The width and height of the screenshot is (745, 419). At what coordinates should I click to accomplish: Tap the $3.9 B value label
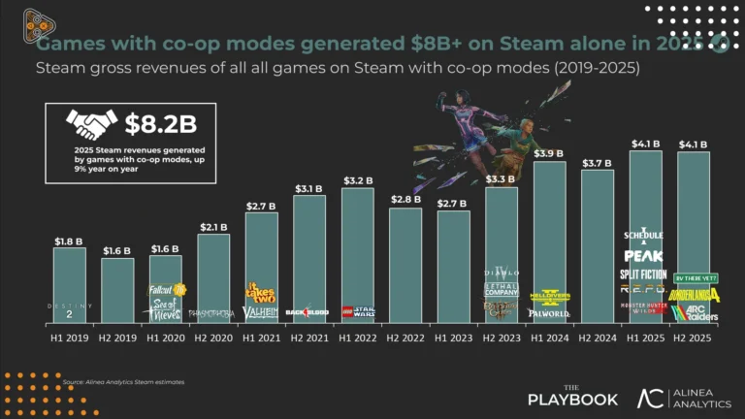coord(549,153)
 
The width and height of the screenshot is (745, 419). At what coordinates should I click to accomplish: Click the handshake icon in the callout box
coord(91,123)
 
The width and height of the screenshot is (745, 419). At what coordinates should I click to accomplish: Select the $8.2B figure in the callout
coord(163,123)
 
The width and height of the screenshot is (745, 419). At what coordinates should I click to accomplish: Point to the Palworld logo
coord(548,313)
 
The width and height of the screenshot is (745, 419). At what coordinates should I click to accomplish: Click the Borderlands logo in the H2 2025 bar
coord(695,294)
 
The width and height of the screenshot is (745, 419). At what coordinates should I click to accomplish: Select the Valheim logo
coord(261,312)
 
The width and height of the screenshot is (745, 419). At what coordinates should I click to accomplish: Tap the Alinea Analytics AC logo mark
coord(651,397)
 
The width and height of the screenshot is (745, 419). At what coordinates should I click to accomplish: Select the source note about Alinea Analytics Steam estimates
coord(122,382)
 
